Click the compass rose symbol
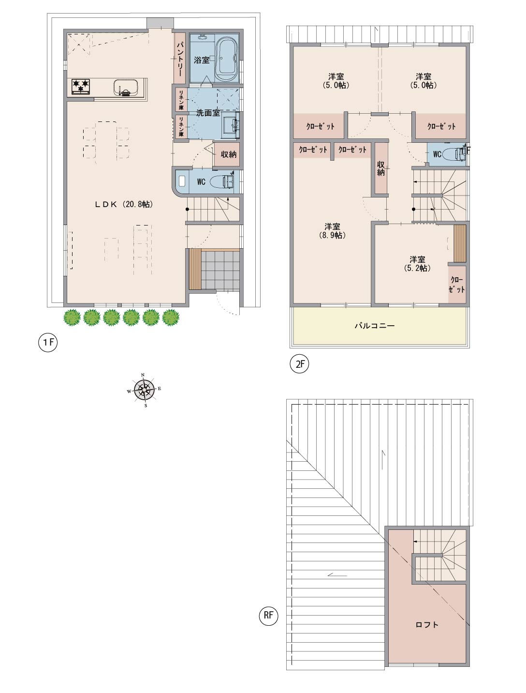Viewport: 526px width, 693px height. pyautogui.click(x=144, y=390)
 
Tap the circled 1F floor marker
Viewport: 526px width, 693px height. pyautogui.click(x=48, y=342)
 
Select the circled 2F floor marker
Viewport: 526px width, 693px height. pyautogui.click(x=300, y=364)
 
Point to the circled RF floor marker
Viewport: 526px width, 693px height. pyautogui.click(x=268, y=616)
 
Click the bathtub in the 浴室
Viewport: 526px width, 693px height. pyautogui.click(x=226, y=60)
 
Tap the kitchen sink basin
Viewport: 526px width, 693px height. pyautogui.click(x=126, y=88)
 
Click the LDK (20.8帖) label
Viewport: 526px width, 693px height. pyautogui.click(x=124, y=204)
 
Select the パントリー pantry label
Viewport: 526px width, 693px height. pyautogui.click(x=179, y=59)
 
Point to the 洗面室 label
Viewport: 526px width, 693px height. pyautogui.click(x=208, y=113)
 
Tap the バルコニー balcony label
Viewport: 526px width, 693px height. pyautogui.click(x=375, y=326)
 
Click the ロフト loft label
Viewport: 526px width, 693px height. pyautogui.click(x=427, y=624)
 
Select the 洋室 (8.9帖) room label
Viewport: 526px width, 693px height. pyautogui.click(x=333, y=231)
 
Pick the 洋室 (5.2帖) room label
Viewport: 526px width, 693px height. pyautogui.click(x=417, y=264)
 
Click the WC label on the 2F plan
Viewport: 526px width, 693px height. pyautogui.click(x=437, y=154)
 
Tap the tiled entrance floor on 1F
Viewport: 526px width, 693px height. pyautogui.click(x=220, y=270)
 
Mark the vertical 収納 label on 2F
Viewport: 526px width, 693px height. pyautogui.click(x=381, y=168)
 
